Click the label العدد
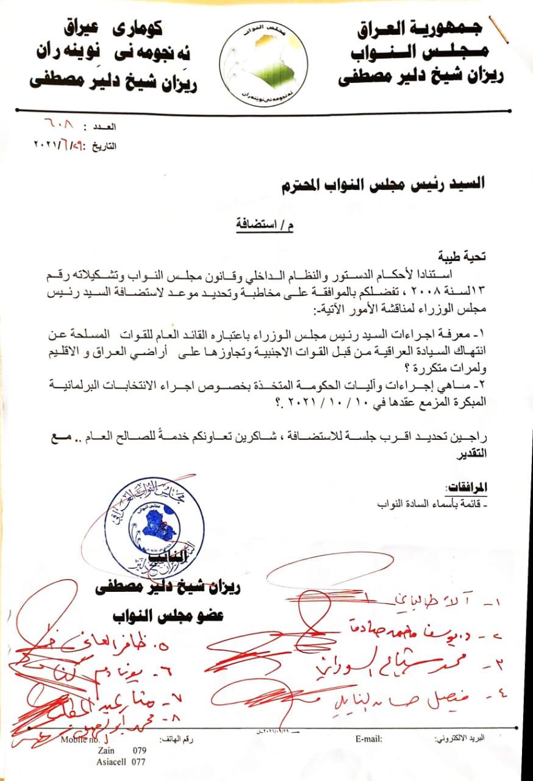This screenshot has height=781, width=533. pyautogui.click(x=104, y=128)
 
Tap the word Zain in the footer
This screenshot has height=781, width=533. pyautogui.click(x=106, y=750)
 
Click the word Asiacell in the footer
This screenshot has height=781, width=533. pyautogui.click(x=113, y=761)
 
